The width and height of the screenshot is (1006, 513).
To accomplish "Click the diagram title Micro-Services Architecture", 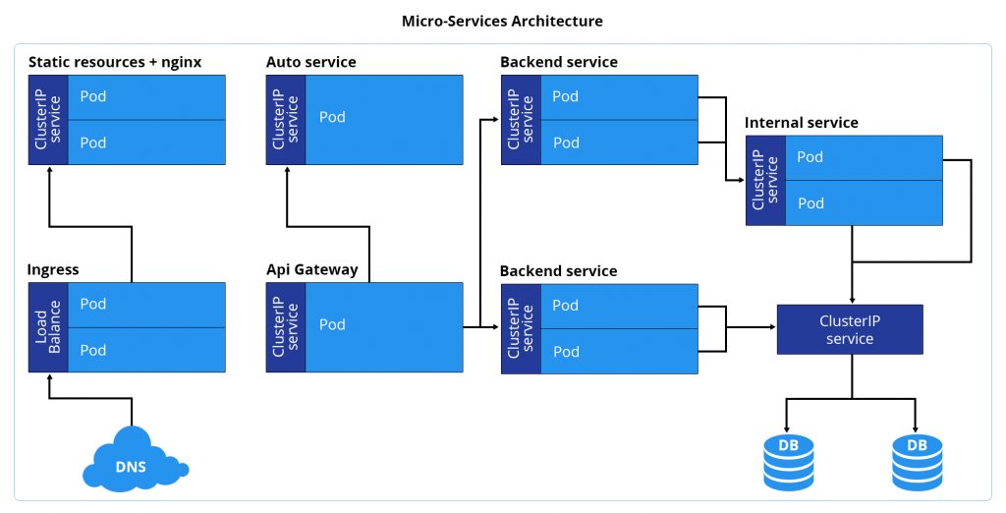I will [502, 21].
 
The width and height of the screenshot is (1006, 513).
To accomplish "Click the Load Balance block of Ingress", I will [48, 327].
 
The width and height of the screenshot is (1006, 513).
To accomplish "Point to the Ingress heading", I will [53, 269].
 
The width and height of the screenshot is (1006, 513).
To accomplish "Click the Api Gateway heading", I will [311, 269].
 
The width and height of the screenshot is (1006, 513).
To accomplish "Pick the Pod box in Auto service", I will [384, 118].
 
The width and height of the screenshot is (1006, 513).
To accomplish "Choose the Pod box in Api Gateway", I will [384, 326].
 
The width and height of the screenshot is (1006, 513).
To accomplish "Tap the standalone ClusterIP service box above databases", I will [850, 329].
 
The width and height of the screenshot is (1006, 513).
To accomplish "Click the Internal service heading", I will [802, 123].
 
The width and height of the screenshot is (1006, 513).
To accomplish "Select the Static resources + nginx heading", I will [115, 62].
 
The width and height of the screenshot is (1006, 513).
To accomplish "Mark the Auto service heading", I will [310, 62].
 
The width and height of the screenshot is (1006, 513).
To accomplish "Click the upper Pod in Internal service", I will [864, 157].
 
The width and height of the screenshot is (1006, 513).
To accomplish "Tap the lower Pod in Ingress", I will [146, 350].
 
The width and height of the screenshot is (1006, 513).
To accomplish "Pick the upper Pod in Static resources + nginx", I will [146, 96].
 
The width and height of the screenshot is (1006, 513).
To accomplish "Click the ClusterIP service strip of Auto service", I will [286, 118].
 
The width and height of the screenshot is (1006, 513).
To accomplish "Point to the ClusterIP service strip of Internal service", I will [765, 180].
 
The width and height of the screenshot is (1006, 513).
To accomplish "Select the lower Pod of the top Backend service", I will [618, 142].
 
